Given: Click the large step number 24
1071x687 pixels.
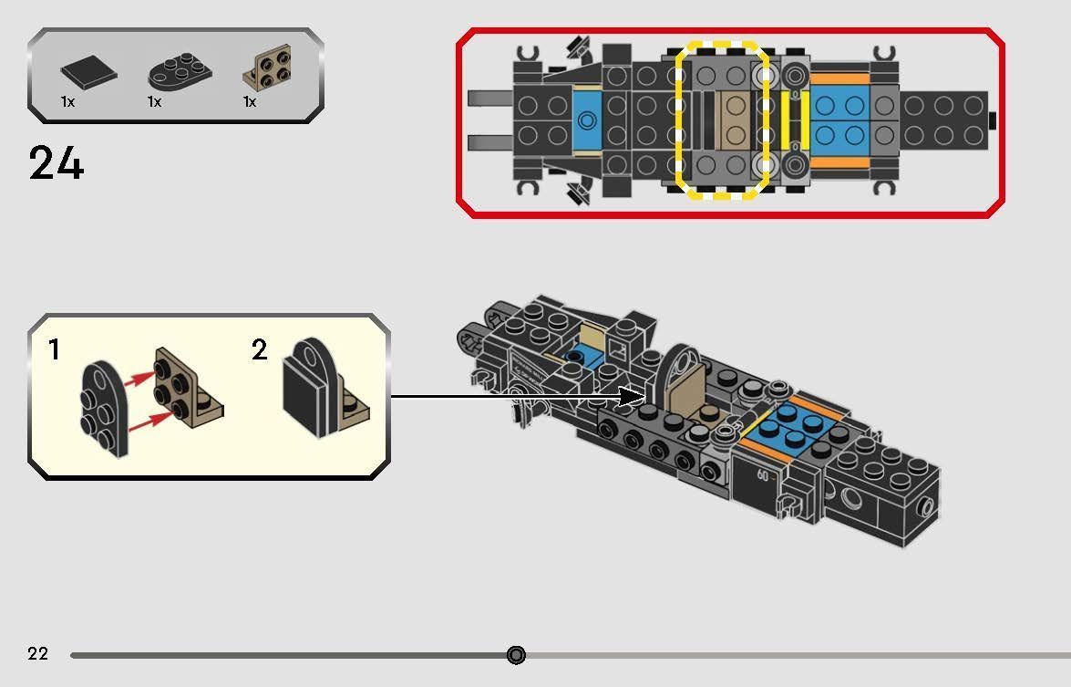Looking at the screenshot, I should [57, 164].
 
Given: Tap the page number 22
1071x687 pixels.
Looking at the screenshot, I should [37, 653].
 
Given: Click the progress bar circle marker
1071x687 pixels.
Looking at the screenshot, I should [516, 655].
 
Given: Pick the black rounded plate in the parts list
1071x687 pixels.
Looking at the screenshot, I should [173, 71].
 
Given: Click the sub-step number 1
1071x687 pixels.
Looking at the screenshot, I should [55, 349].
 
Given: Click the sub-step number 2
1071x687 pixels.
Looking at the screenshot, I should [260, 349].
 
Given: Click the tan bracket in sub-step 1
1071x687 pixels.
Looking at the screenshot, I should [187, 388].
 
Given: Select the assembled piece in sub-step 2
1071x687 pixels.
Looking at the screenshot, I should [323, 390].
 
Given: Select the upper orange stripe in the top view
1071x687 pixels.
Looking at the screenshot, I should [839, 78].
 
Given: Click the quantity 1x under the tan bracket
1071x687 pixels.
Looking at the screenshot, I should [250, 102].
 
